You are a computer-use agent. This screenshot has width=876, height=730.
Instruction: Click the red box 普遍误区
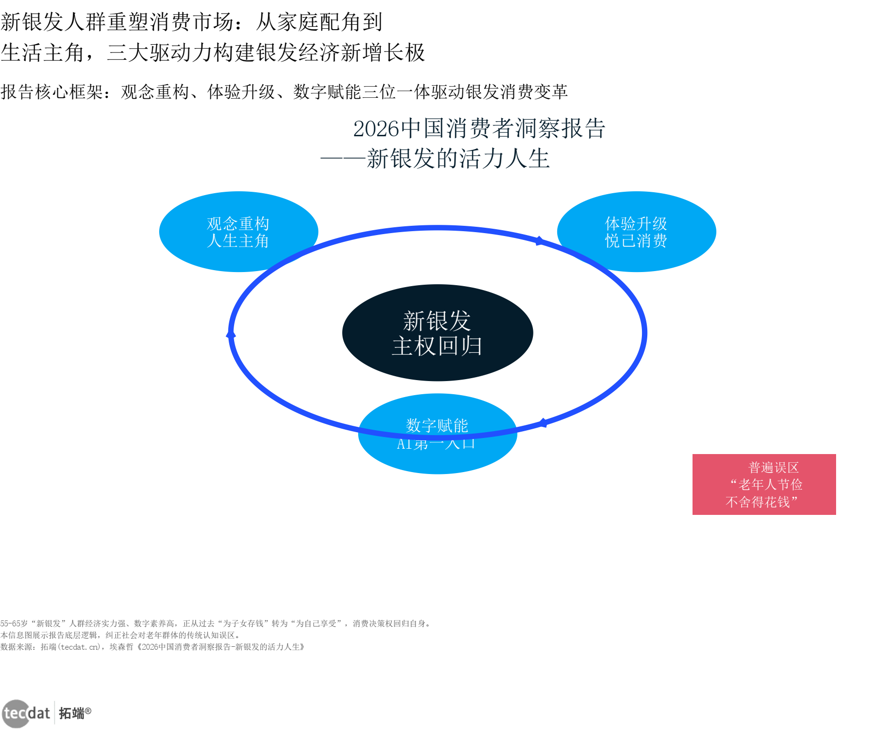pos(764,484)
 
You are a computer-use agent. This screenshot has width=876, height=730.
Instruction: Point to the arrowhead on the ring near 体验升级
pos(539,240)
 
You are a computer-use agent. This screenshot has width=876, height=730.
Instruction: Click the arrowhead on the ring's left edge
pos(231,334)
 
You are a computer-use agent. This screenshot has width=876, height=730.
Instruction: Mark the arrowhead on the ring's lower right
pos(543,423)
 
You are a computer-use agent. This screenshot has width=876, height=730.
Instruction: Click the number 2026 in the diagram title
pos(376,129)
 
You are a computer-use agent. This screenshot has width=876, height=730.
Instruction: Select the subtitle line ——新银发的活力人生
pos(435,159)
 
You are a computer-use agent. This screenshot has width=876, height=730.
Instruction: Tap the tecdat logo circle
pos(16,713)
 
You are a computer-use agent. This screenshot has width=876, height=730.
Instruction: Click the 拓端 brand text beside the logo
pos(72,713)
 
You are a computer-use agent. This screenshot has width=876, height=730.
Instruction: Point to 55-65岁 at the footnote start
pos(14,623)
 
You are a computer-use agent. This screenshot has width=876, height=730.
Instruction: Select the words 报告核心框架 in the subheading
pos(52,92)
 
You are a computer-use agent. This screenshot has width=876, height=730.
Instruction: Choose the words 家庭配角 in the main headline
pos(319,22)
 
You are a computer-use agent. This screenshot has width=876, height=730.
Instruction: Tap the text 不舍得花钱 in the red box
pos(758,502)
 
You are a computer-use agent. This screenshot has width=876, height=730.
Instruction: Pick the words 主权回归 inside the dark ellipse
pos(437,346)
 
